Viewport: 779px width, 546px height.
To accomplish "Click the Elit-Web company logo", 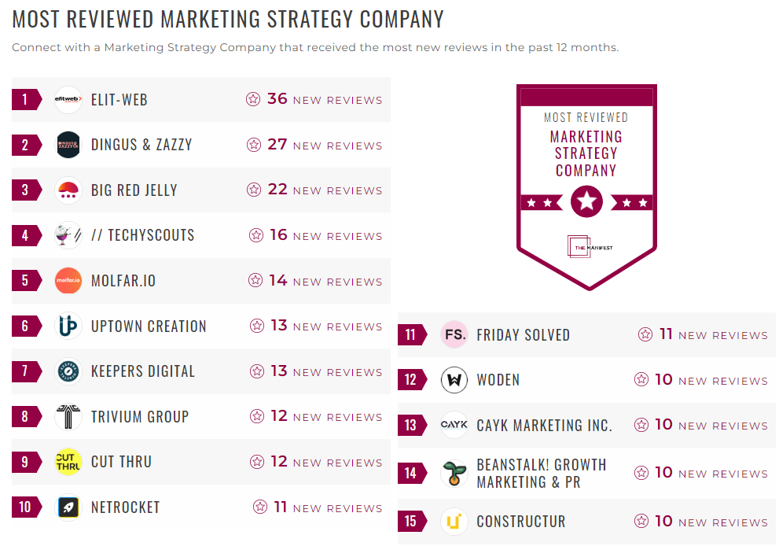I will pyautogui.click(x=68, y=100).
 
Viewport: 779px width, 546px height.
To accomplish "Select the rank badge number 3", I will pyautogui.click(x=25, y=190).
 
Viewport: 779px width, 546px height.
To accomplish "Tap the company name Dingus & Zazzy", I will pyautogui.click(x=141, y=145).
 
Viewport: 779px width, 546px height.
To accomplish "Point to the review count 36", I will pyautogui.click(x=277, y=99).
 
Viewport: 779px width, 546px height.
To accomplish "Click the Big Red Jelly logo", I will pyautogui.click(x=68, y=190).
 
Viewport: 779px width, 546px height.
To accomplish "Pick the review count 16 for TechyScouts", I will pyautogui.click(x=278, y=235).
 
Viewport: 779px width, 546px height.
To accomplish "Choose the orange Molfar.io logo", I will pyautogui.click(x=68, y=281).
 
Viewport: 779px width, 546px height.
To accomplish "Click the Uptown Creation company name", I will pyautogui.click(x=149, y=326).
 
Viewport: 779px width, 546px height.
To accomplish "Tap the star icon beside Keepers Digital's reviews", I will pyautogui.click(x=256, y=371).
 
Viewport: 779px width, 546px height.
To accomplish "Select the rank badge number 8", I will pyautogui.click(x=25, y=417).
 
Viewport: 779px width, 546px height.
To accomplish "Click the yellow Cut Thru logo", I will pyautogui.click(x=68, y=462).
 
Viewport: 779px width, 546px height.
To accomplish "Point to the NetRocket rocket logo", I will pyautogui.click(x=68, y=507).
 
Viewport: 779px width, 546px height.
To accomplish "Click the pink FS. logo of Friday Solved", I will pyautogui.click(x=454, y=334).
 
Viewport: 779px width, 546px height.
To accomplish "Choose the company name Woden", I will pyautogui.click(x=498, y=380).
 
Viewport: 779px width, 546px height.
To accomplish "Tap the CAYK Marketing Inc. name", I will pyautogui.click(x=544, y=426).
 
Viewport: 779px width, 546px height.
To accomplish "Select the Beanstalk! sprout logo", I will pyautogui.click(x=454, y=474).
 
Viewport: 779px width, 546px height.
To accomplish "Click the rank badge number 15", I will pyautogui.click(x=410, y=522).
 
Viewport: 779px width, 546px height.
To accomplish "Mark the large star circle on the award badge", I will pyautogui.click(x=586, y=202).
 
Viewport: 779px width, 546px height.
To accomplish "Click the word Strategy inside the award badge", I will pyautogui.click(x=586, y=153).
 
